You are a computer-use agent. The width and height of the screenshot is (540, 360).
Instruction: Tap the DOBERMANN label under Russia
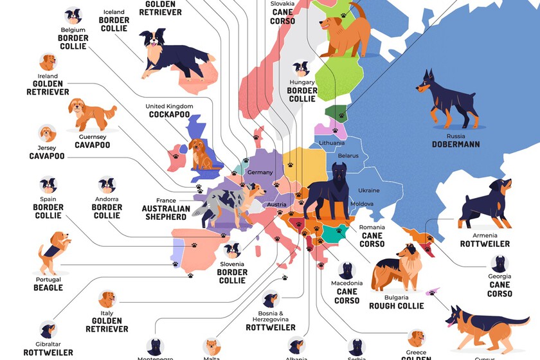pos(456,145)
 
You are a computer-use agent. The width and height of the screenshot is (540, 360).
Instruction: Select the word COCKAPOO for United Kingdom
pos(169,115)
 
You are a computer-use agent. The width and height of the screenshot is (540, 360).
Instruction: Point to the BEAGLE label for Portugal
pos(48,288)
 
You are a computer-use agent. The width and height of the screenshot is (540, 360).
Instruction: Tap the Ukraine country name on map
pos(368,191)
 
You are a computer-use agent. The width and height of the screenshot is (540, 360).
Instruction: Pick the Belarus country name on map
pos(348,156)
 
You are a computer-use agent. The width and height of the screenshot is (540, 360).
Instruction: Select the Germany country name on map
pos(260,172)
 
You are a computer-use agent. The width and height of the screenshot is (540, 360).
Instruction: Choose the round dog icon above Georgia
pos(499,264)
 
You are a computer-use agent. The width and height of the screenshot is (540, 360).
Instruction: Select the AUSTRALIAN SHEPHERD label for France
pos(166,213)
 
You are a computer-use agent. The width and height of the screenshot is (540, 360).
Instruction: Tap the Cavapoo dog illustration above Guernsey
pos(93,114)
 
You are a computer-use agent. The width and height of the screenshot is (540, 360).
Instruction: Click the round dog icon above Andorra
pos(106,185)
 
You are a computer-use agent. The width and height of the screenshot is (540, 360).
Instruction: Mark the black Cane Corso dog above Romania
pos(334,190)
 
